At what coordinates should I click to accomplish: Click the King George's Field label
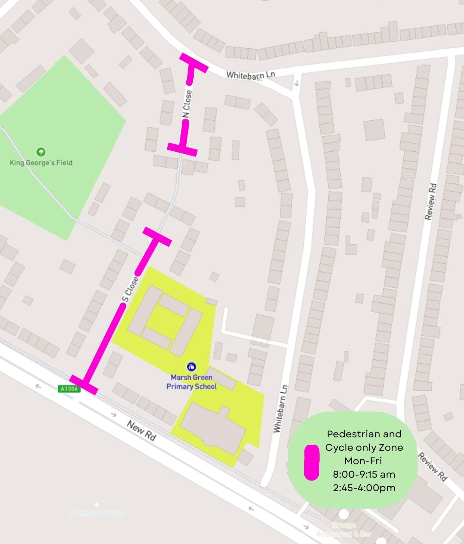(41, 163)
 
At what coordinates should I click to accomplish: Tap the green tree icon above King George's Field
(41, 151)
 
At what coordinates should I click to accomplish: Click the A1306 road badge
(69, 389)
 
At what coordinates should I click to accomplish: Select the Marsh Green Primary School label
(191, 382)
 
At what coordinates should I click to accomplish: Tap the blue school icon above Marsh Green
(191, 367)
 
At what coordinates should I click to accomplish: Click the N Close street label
(187, 104)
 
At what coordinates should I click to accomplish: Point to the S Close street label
(131, 290)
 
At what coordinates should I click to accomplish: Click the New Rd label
(141, 430)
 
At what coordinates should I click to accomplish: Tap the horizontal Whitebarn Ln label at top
(251, 75)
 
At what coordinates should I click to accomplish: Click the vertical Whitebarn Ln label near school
(280, 408)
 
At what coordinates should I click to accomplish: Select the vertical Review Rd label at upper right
(431, 202)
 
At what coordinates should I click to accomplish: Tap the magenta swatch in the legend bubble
(312, 463)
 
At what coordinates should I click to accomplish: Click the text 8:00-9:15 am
(364, 474)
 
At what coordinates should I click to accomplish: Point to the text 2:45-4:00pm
(364, 488)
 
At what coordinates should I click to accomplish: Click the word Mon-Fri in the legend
(363, 461)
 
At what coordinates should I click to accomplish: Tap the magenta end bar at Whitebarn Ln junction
(194, 63)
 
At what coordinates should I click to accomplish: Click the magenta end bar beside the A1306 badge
(83, 384)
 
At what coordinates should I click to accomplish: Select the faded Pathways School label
(96, 512)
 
